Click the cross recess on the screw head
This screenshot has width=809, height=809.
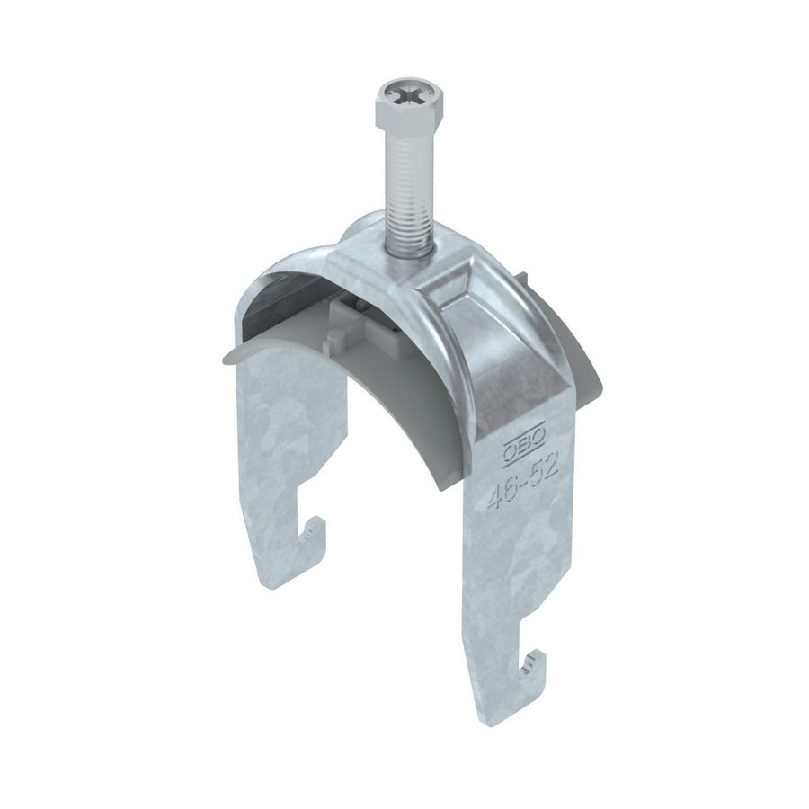coord(400,94)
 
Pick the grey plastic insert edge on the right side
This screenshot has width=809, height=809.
coord(589,360)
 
